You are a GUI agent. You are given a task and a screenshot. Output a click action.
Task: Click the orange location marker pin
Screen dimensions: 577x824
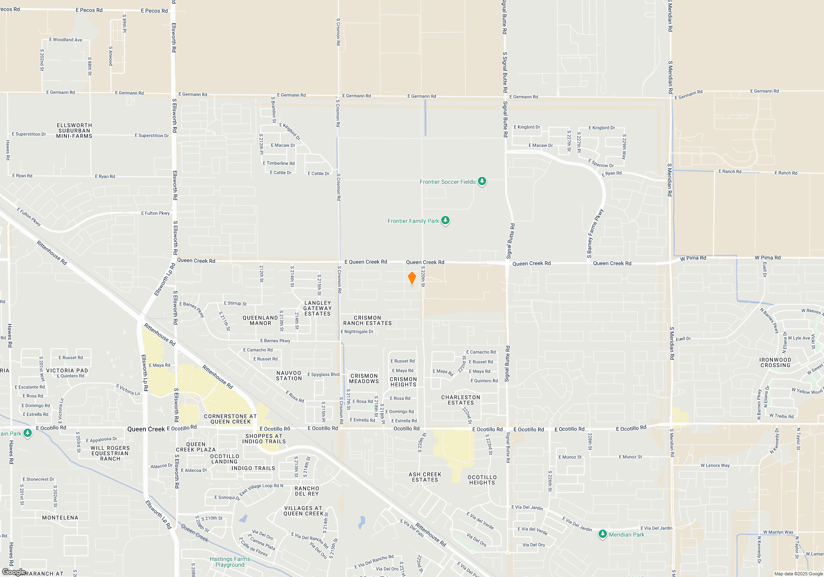coord(412,278)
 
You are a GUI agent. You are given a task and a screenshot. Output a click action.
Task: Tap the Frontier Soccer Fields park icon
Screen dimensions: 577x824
coord(482,181)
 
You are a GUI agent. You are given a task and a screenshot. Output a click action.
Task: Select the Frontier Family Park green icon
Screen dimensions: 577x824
coord(445,220)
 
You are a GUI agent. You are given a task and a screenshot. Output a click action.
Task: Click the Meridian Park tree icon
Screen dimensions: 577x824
coord(602,534)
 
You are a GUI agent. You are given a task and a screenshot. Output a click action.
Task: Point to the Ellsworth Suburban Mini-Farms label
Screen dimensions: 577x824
coord(74,131)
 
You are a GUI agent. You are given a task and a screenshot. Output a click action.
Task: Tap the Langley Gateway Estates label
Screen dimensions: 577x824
coord(317,308)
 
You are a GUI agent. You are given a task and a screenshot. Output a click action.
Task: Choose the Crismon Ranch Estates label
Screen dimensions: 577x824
coord(368,321)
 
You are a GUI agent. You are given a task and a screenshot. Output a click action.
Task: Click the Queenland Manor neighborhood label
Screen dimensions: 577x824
coord(260,321)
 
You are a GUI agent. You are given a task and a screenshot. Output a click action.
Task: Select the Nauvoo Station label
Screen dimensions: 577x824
coord(289,376)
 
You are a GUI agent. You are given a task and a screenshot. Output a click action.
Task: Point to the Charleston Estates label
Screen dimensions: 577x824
coord(461,400)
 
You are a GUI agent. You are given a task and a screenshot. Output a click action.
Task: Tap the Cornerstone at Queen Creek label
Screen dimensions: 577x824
coord(230,419)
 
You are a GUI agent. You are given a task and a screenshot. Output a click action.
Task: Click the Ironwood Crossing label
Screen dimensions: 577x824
coord(775,363)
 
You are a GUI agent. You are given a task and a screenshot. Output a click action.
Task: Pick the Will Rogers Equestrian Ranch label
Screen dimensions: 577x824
coord(110,453)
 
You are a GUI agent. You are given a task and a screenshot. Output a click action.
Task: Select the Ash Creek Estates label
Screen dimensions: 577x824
coord(425,477)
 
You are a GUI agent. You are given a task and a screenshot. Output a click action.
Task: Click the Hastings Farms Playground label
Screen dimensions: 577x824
coord(230,562)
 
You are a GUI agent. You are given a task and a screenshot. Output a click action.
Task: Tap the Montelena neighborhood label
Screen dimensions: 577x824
coord(60,518)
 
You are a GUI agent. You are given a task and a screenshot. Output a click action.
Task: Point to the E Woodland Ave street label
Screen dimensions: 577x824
coord(66,40)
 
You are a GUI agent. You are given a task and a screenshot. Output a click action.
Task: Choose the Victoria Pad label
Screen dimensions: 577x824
coord(67,371)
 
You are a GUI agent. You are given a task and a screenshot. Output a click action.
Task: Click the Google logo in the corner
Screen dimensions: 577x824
coord(14,572)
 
